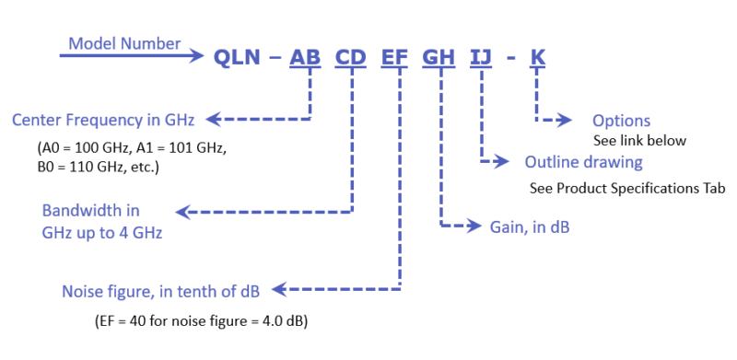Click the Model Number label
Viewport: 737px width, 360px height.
(124, 43)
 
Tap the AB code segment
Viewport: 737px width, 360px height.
(307, 57)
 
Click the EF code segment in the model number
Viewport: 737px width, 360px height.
(394, 57)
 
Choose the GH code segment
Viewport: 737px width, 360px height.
(439, 57)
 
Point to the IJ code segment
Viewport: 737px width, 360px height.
(481, 57)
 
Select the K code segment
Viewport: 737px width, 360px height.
(538, 57)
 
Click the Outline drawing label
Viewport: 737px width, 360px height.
(584, 162)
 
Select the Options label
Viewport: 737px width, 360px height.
(621, 121)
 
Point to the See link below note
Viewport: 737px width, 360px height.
(640, 140)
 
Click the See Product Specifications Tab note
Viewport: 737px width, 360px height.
(627, 189)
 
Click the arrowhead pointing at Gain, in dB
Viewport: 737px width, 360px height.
(475, 224)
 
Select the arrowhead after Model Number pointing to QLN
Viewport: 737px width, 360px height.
(197, 56)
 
